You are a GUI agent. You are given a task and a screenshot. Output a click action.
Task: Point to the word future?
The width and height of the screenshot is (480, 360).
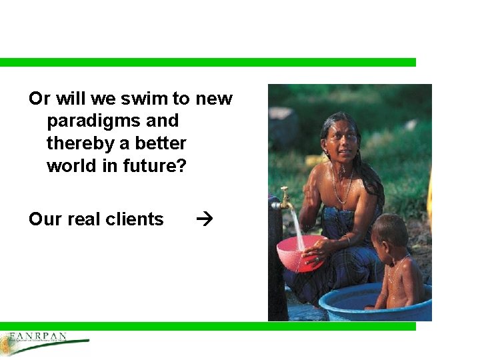coord(155,166)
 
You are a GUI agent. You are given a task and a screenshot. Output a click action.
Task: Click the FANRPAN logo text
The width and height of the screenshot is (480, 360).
coord(38,336)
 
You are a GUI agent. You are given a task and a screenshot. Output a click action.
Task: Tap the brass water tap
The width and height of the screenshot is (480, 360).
coord(285,198)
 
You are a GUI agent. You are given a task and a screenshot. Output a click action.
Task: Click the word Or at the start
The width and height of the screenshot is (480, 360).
coord(39,99)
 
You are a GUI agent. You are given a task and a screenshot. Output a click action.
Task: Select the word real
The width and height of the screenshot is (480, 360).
coord(85,219)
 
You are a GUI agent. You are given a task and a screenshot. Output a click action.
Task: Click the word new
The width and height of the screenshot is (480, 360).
coord(214,99)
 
